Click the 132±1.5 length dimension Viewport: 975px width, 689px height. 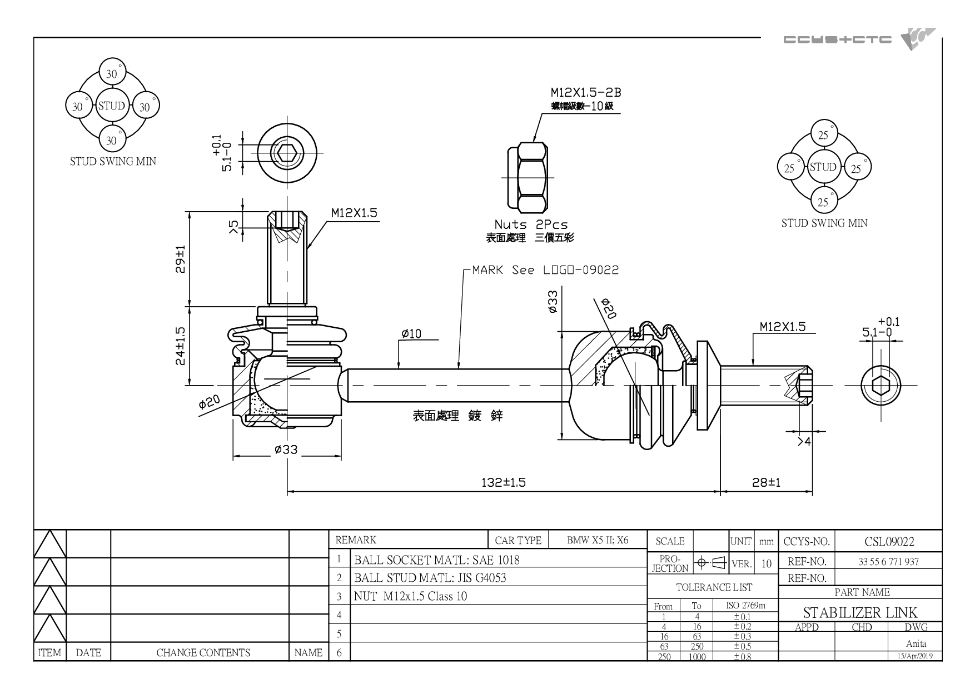(504, 482)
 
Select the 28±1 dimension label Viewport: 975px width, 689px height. (767, 482)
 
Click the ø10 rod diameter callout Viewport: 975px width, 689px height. (411, 333)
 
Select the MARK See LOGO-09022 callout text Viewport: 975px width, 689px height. (545, 270)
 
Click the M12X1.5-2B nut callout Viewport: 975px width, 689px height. (586, 92)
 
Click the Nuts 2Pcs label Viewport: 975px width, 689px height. (531, 224)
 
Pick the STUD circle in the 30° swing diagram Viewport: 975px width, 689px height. (111, 106)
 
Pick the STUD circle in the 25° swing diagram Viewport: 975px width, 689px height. (823, 167)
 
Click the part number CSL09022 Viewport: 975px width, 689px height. (889, 542)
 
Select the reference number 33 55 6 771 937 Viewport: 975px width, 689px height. (888, 562)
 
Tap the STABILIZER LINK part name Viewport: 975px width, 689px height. (860, 612)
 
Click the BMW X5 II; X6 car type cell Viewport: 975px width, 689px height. (598, 540)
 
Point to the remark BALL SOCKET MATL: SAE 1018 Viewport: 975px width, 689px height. (437, 560)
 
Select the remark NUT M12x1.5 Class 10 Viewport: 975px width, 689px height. (410, 596)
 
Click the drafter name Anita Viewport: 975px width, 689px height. (916, 643)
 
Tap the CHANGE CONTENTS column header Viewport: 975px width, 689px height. (203, 653)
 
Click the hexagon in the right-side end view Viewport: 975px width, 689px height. (881, 385)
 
